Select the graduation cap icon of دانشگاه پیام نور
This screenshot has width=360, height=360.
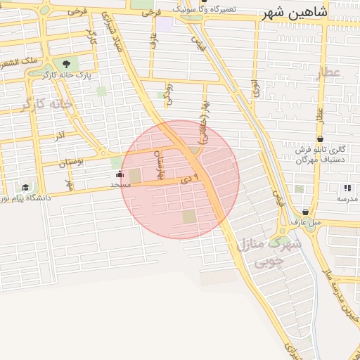(x=26, y=188)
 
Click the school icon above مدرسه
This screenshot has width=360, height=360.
(x=346, y=188)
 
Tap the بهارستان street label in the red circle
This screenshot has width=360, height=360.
(x=162, y=169)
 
